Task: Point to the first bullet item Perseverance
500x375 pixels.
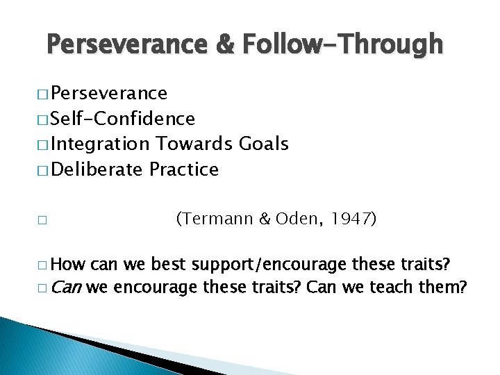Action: pos(109,94)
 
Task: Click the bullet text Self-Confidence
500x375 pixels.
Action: pos(123,119)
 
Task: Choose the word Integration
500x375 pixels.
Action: pos(100,144)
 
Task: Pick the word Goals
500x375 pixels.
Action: pos(263,144)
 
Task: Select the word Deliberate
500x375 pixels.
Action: pos(97,169)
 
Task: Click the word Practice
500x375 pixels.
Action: pos(184,169)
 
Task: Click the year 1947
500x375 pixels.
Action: pos(351,220)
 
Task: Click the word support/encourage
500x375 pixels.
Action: pos(270,265)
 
